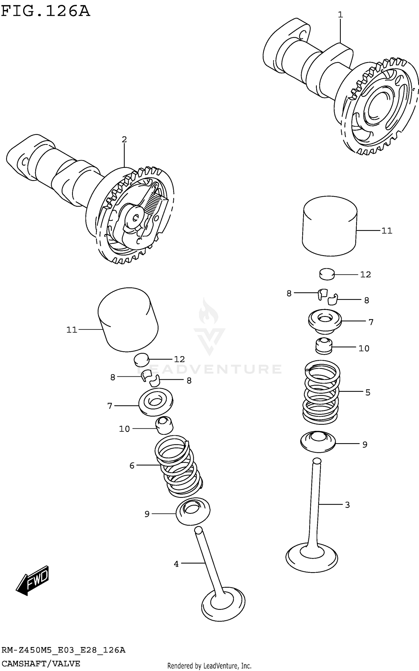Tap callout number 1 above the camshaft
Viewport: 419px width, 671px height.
pos(340,15)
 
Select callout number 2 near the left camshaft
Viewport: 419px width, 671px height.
pos(124,139)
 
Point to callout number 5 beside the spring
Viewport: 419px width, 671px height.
pos(368,392)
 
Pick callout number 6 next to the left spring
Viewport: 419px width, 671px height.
pos(132,465)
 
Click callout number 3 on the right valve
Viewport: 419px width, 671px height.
pos(347,505)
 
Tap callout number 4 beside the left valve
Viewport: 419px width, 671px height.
pos(176,564)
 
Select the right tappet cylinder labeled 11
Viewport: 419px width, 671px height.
pos(330,226)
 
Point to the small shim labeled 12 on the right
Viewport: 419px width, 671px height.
pos(327,274)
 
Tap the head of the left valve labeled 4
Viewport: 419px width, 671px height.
pos(223,605)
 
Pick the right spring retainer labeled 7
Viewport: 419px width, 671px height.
pos(325,321)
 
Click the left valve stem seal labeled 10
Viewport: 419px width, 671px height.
pos(164,425)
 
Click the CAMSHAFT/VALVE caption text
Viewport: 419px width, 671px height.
pos(41,663)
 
